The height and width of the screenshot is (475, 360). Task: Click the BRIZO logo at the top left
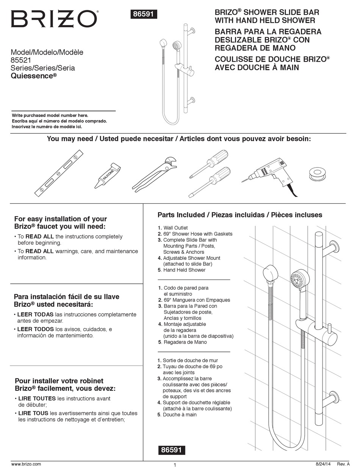54,19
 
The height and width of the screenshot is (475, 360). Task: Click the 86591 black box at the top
144,14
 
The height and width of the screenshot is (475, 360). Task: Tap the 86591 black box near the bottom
171,450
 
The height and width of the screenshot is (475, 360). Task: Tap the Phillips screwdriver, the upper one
209,163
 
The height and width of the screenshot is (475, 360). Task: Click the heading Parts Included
181,215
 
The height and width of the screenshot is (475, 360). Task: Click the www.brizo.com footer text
26,464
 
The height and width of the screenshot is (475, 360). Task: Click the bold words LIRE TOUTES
37,398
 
